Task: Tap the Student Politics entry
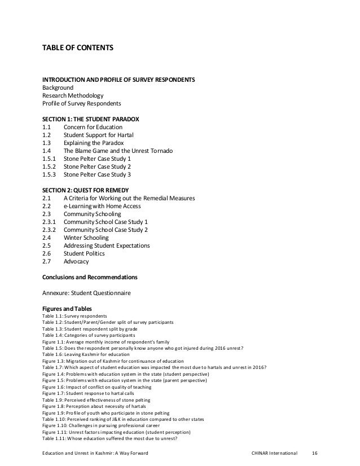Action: (x=87, y=254)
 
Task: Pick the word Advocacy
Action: (x=76, y=262)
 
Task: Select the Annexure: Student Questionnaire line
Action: (x=87, y=293)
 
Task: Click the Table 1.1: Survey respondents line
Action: (x=74, y=316)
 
